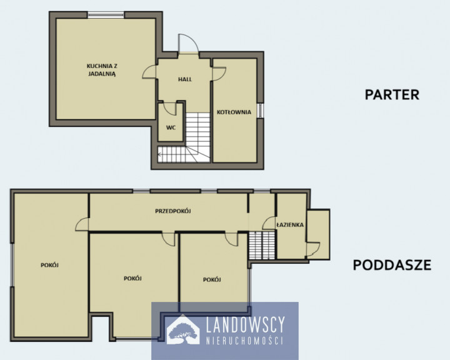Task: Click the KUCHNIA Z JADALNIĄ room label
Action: tap(102, 70)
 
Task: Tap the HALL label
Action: tap(185, 79)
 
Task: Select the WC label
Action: tap(171, 127)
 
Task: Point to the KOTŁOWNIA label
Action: tap(234, 112)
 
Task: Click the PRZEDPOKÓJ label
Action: tap(173, 211)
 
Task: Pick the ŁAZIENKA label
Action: tap(290, 225)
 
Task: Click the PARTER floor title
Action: tap(392, 95)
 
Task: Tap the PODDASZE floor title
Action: tap(392, 265)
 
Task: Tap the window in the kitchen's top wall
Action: tap(106, 15)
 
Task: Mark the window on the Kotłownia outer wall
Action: tap(260, 111)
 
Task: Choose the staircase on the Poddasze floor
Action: tap(262, 246)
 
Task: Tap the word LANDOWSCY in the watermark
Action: tap(246, 325)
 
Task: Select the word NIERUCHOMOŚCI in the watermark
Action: tap(245, 341)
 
